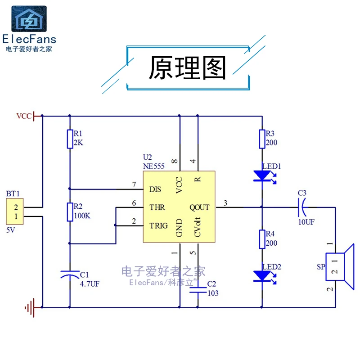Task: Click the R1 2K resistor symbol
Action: click(70, 139)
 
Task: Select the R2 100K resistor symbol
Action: click(70, 212)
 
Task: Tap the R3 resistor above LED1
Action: click(261, 139)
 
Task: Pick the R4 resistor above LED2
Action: click(261, 239)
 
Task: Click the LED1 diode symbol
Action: click(261, 175)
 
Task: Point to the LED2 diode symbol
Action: click(261, 275)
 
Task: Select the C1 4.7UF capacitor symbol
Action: click(70, 274)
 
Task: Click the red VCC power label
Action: click(24, 116)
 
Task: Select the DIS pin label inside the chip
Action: click(155, 189)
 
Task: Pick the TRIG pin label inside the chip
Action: click(158, 225)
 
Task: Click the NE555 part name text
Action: click(153, 166)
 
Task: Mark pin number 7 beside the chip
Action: click(134, 184)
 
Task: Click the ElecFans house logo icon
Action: click(28, 18)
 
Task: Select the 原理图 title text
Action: click(188, 68)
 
